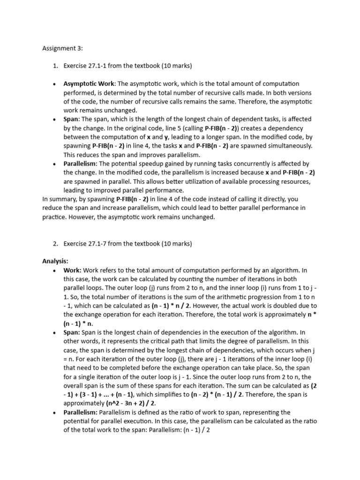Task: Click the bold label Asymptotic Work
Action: pyautogui.click(x=88, y=83)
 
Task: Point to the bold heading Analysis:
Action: pyautogui.click(x=55, y=261)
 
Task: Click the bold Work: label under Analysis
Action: pyautogui.click(x=73, y=270)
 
